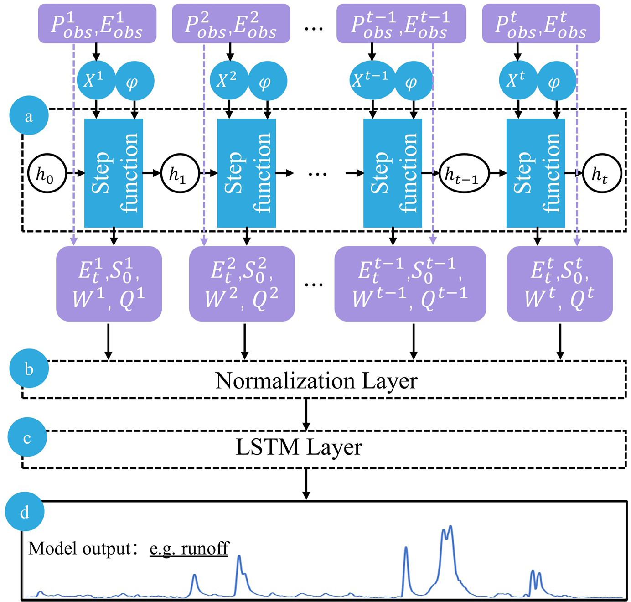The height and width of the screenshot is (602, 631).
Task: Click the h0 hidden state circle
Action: coord(47,173)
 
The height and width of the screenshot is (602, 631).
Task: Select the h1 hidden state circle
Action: coord(180,173)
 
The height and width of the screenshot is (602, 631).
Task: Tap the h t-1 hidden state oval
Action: coord(464,174)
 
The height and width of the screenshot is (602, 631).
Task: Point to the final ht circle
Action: coord(602,173)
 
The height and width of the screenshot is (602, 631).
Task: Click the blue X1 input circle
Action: coord(96,80)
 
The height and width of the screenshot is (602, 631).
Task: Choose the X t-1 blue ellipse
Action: coord(372,80)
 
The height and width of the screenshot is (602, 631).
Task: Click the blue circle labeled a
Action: coord(29,115)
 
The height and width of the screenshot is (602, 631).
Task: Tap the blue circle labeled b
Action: coord(29,368)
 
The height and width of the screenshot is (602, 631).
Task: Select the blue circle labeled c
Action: coord(27,437)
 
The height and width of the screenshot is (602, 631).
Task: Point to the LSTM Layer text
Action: coord(299,447)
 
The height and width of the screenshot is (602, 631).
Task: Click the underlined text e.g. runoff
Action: coord(189,548)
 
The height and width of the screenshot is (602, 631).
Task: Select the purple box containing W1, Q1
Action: coord(109,284)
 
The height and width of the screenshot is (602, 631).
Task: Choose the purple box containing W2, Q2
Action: coord(242,284)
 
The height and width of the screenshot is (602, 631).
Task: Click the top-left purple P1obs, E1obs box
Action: coord(97,24)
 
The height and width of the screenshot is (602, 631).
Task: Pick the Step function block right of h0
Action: coord(114,173)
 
